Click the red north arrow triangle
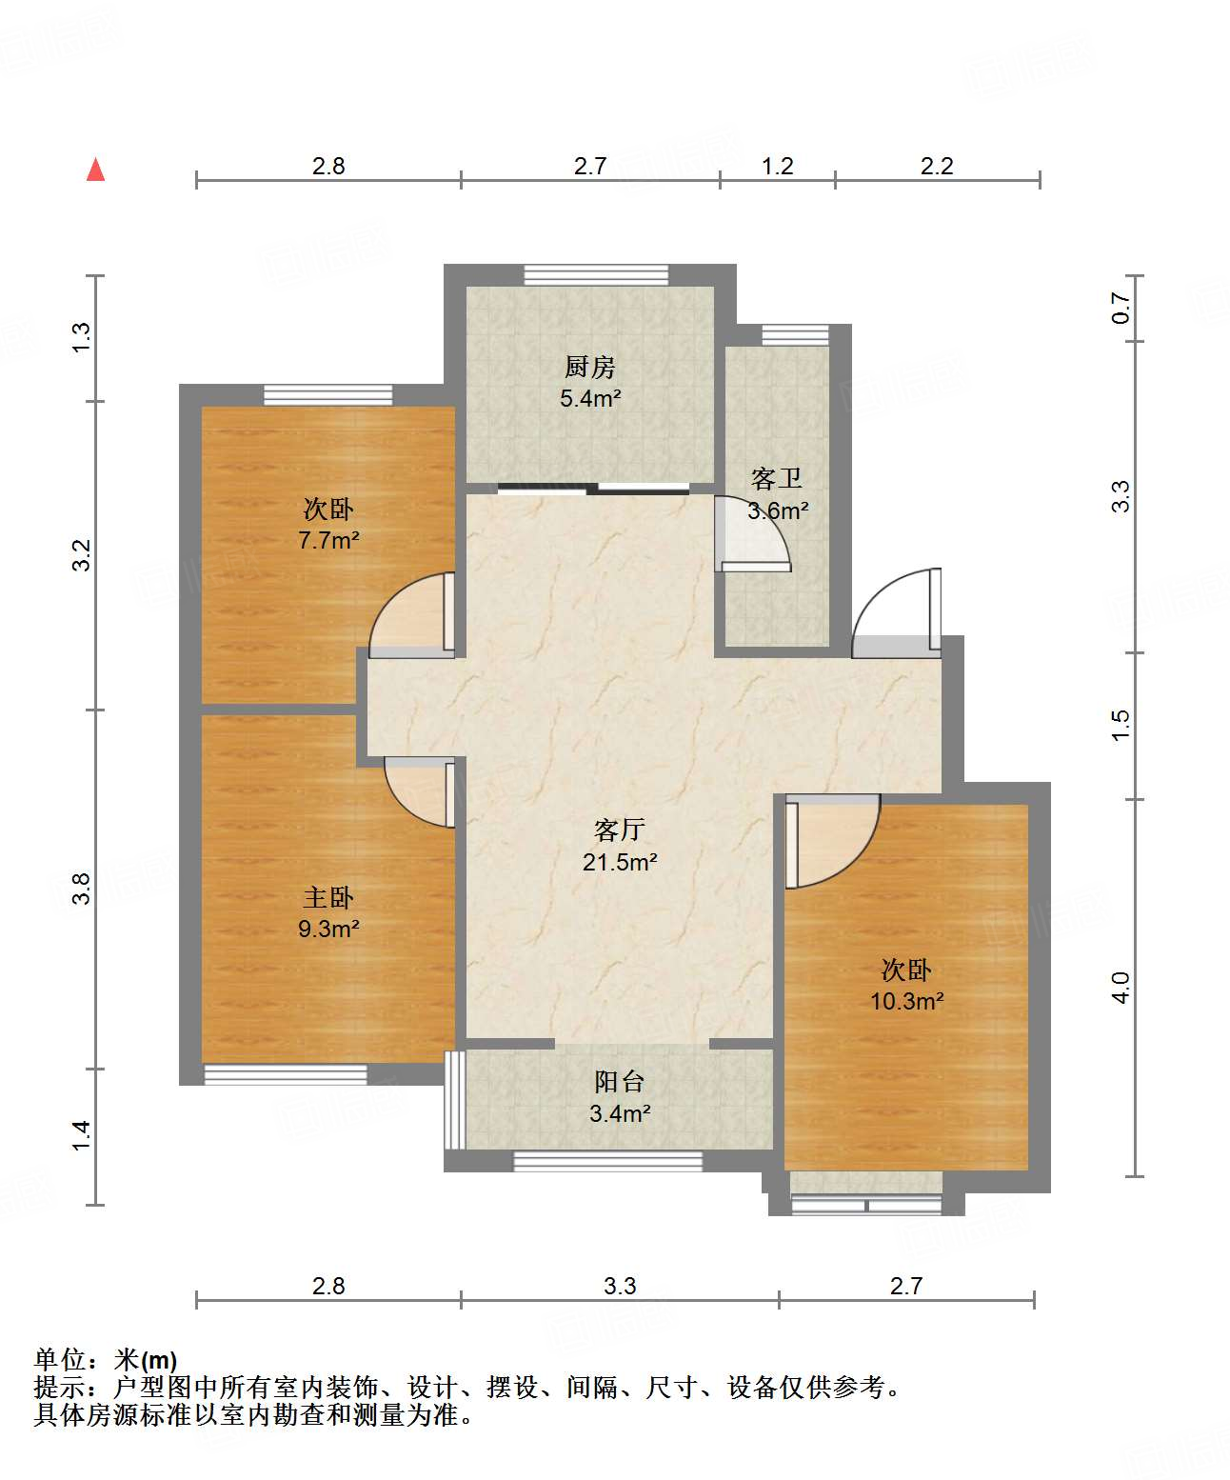95,170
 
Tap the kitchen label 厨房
589,367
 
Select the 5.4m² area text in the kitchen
590,398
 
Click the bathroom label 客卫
777,479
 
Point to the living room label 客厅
619,830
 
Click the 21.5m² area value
620,862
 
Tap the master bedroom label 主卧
328,898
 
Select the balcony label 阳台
619,1082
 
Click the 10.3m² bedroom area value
907,1001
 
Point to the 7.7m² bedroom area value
328,540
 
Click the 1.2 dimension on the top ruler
777,166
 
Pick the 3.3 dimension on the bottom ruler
620,1286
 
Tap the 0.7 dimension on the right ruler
1121,309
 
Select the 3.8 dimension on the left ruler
82,889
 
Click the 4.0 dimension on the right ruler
1121,988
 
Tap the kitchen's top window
596,275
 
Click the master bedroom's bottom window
286,1074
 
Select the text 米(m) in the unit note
146,1360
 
